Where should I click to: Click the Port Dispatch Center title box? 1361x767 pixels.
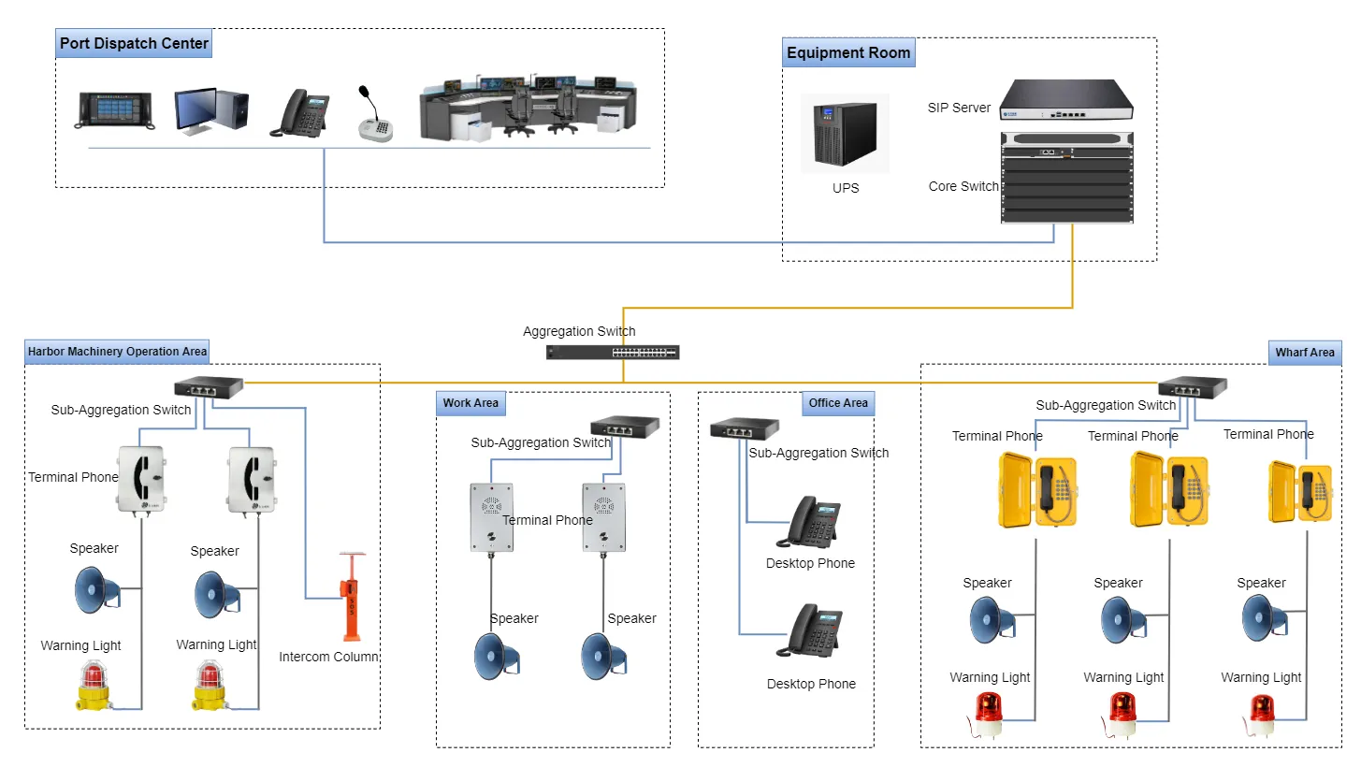pos(134,43)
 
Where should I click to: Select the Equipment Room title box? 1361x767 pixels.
pos(848,53)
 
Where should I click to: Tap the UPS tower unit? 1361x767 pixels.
pos(845,134)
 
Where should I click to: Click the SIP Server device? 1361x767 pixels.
pos(1065,101)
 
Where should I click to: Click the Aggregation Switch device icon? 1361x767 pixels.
pos(614,353)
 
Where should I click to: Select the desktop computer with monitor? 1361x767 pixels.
pos(211,111)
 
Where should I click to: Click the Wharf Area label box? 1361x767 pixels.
pos(1305,353)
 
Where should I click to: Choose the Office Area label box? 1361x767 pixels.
pos(838,403)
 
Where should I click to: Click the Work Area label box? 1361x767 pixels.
pos(471,403)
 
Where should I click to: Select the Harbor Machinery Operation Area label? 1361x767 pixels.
pos(117,352)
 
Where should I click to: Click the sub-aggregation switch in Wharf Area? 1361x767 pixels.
pos(1192,387)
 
